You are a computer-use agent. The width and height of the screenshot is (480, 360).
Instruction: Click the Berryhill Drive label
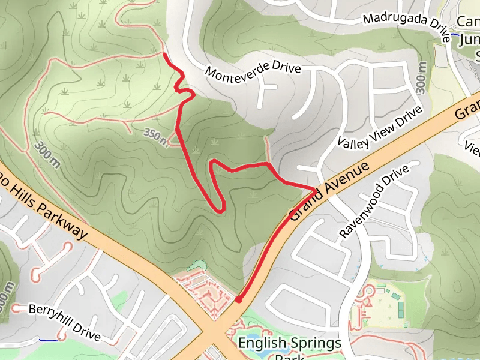tap(64, 322)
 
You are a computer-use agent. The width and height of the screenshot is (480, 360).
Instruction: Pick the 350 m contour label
tap(155, 136)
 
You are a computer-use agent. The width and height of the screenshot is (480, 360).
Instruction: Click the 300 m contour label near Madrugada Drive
tap(421, 79)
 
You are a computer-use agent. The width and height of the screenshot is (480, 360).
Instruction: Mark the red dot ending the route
tap(238, 299)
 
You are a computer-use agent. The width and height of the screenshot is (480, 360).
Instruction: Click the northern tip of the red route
tap(164, 55)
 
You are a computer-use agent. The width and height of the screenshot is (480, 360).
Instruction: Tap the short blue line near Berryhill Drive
tap(49, 340)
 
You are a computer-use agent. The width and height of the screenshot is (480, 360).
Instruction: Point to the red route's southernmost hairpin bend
tap(220, 208)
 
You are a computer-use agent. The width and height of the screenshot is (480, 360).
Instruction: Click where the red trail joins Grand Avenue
tap(313, 190)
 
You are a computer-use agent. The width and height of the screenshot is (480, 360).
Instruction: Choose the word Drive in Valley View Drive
tap(409, 114)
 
